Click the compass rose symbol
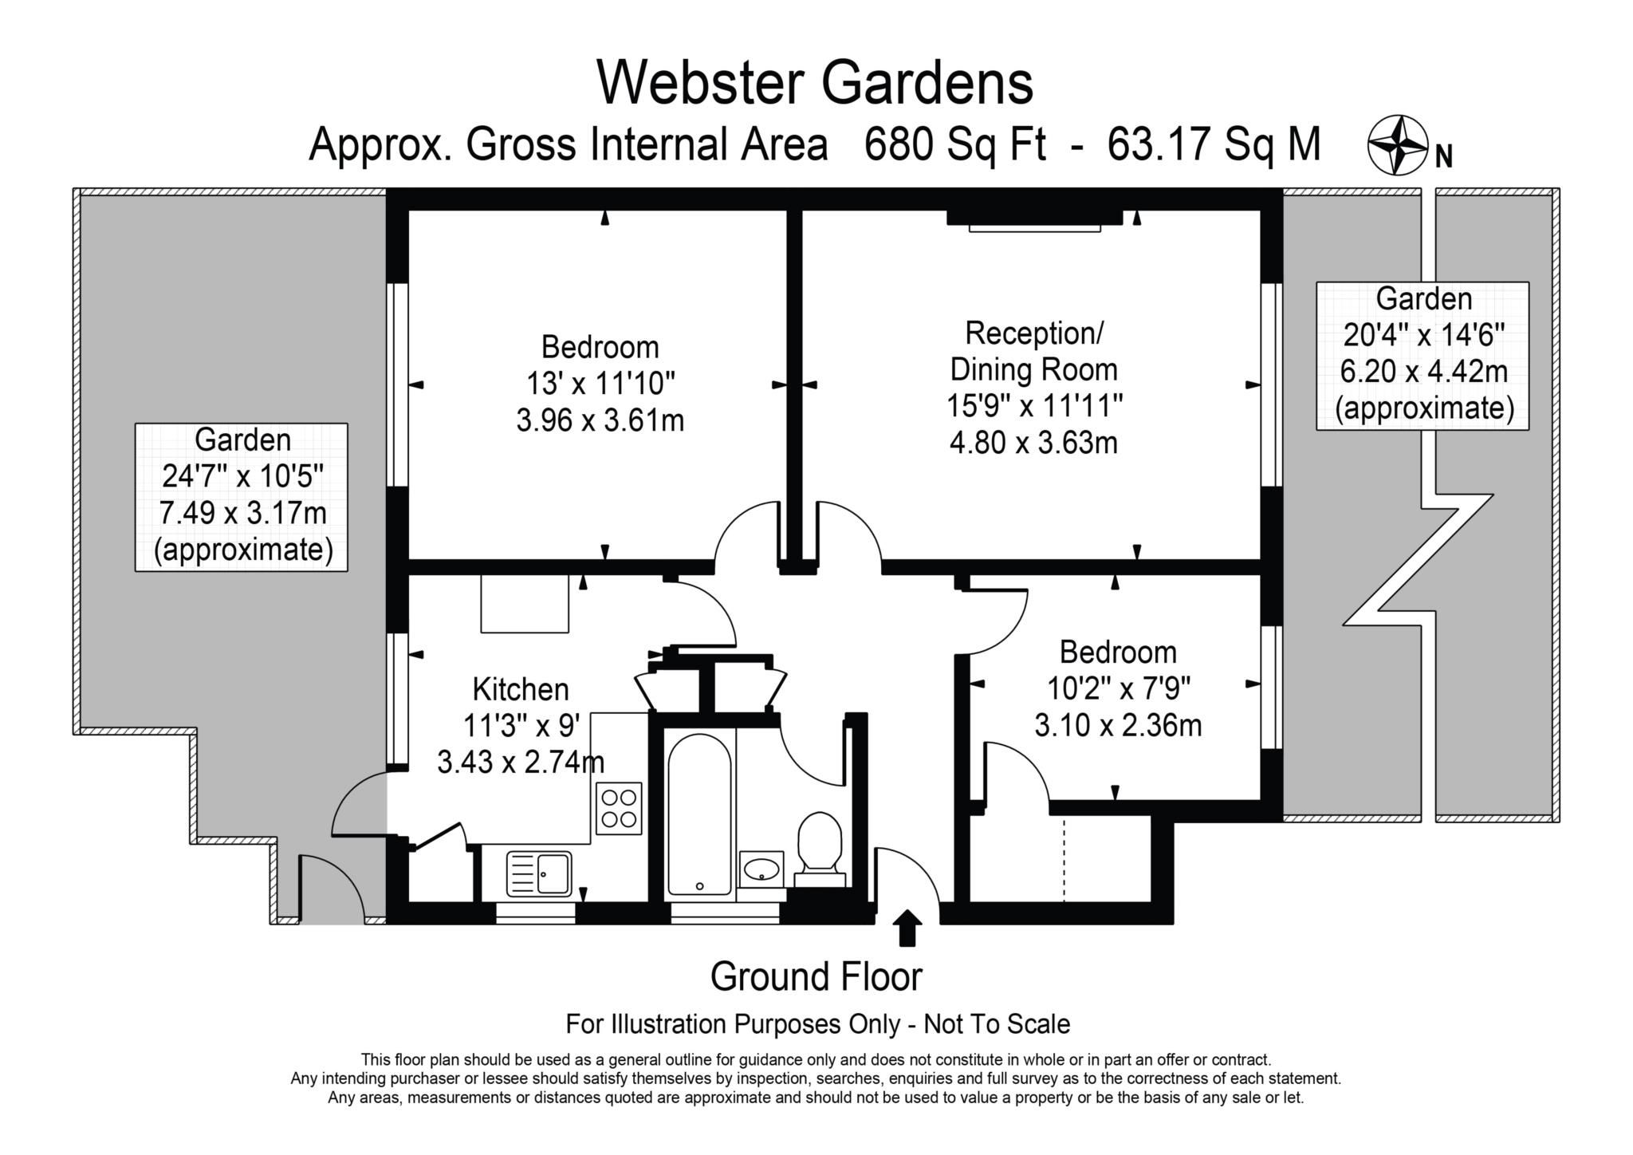[1397, 145]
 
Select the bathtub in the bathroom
[699, 814]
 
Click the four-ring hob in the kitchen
[619, 807]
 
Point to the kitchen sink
[539, 873]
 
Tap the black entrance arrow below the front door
[907, 928]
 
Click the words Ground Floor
[816, 976]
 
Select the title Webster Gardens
[815, 83]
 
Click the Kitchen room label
[521, 689]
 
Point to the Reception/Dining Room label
[1033, 351]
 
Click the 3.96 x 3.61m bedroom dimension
[600, 420]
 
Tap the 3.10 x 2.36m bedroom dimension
[1118, 726]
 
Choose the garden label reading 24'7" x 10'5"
[242, 476]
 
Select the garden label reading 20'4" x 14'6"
[1423, 336]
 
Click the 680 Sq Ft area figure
[954, 145]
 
